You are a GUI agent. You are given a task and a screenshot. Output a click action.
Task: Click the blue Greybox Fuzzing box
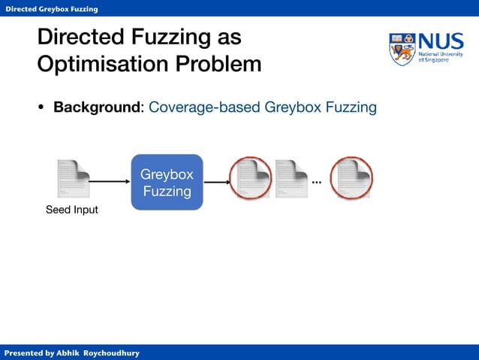[x=167, y=183]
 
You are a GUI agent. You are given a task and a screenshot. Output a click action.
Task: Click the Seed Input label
[x=72, y=210]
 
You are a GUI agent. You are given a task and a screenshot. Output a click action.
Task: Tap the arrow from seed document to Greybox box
[x=110, y=181]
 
